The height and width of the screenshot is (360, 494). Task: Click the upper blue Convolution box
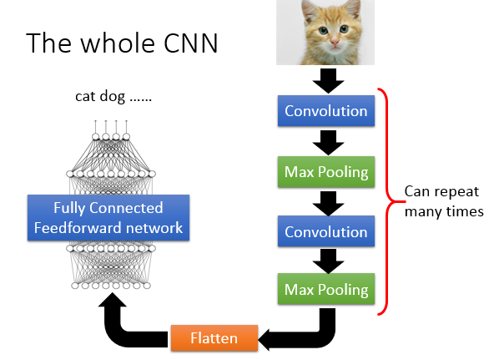tap(325, 111)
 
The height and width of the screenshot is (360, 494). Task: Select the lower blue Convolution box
tap(325, 233)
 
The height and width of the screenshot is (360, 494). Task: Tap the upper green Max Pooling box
tap(325, 172)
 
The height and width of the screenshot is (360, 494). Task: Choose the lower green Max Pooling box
tap(325, 290)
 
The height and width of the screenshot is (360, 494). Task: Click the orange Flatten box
tap(212, 338)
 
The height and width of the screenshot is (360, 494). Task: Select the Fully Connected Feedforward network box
tap(108, 217)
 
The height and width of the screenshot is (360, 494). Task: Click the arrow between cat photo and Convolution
tap(325, 81)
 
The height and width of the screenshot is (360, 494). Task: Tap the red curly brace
tap(386, 200)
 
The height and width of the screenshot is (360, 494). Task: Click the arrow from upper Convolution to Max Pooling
tap(325, 141)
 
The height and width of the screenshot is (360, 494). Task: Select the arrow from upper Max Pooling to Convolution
tap(325, 203)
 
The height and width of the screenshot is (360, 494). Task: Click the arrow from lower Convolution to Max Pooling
tap(325, 261)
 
